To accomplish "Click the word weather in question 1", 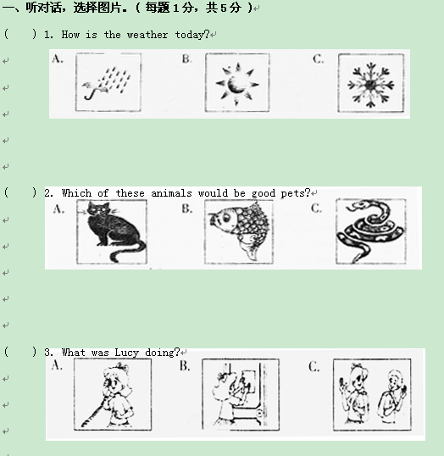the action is click(x=147, y=35).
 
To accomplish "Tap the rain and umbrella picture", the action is click(x=108, y=82).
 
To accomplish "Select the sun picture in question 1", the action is click(x=237, y=82).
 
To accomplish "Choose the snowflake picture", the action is click(x=371, y=83).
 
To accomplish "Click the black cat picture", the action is click(x=112, y=231).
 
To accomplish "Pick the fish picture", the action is click(x=239, y=231).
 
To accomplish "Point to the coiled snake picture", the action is click(x=371, y=231).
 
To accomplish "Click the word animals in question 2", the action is click(x=171, y=193).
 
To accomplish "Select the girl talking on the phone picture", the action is click(x=113, y=394).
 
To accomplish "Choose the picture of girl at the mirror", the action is click(x=241, y=395).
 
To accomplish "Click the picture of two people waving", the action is click(x=372, y=395).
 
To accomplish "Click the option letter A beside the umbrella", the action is click(x=58, y=59).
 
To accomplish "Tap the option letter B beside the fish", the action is click(x=186, y=209).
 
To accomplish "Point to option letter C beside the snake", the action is click(x=316, y=209).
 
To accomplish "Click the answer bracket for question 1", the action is click(x=20, y=34).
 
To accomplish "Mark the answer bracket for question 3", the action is click(x=20, y=352).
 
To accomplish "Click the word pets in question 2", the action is click(x=292, y=193).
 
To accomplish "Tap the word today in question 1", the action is click(x=189, y=35).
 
